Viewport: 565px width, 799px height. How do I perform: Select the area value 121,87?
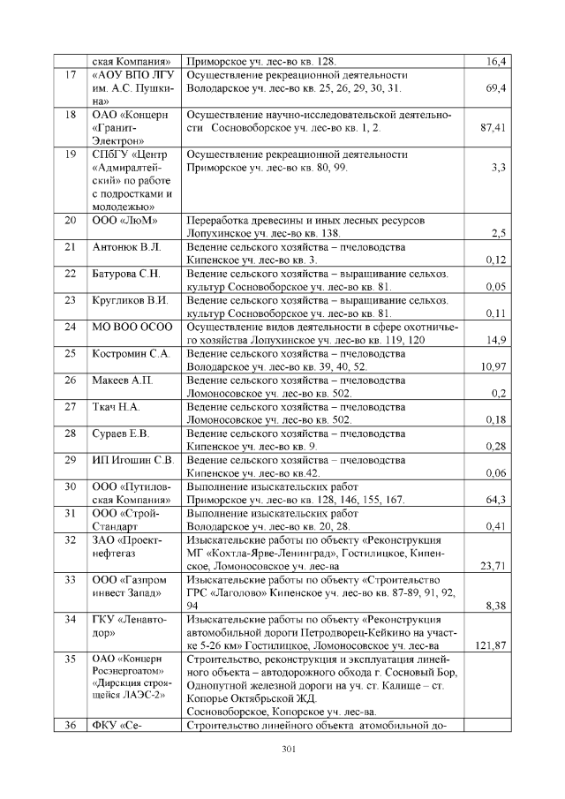(x=490, y=645)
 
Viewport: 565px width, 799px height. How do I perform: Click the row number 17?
(x=70, y=75)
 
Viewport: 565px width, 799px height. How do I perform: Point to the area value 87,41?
(x=492, y=128)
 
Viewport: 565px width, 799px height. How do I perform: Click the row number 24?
(x=70, y=327)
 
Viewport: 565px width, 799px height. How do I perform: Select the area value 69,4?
(x=495, y=89)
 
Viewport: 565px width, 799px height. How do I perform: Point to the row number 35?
(x=70, y=659)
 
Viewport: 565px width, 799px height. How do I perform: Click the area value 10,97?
(x=493, y=366)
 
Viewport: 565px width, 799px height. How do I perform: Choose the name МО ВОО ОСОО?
(x=132, y=327)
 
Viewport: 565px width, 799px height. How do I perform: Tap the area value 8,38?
(x=495, y=606)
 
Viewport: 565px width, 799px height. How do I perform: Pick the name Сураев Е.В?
(x=121, y=433)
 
